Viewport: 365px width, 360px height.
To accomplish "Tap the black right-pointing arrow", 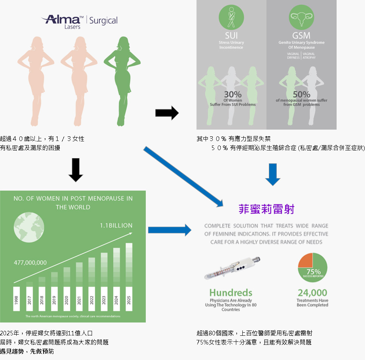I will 167,113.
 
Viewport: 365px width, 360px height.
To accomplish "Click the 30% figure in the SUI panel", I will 233,94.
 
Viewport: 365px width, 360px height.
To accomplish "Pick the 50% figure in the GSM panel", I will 301,94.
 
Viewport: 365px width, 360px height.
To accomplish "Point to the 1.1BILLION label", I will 116,225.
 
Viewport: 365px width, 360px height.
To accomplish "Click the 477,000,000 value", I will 30,263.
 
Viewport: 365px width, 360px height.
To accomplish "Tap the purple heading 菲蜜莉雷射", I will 266,209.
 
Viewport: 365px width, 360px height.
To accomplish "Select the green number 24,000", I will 312,293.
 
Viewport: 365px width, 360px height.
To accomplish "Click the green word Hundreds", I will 231,293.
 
